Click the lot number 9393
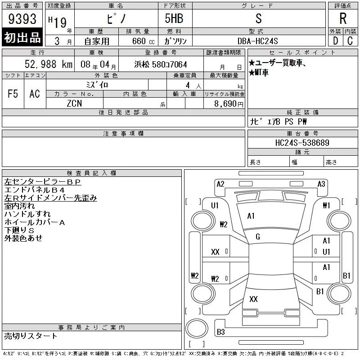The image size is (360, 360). (22, 19)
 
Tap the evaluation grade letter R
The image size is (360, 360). (342, 18)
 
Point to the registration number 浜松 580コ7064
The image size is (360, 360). (161, 64)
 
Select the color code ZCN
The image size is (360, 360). (74, 104)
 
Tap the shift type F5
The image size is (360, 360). (13, 94)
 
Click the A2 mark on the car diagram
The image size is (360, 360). (220, 184)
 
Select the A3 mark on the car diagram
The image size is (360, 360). (321, 184)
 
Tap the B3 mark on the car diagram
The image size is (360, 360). (221, 332)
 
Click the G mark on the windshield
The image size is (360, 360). (258, 237)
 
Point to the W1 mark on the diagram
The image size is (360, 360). (327, 206)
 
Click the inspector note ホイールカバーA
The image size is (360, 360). (35, 222)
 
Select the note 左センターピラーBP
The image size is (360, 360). (43, 182)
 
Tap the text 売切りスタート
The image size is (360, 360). (31, 336)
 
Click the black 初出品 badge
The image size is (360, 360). (22, 38)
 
